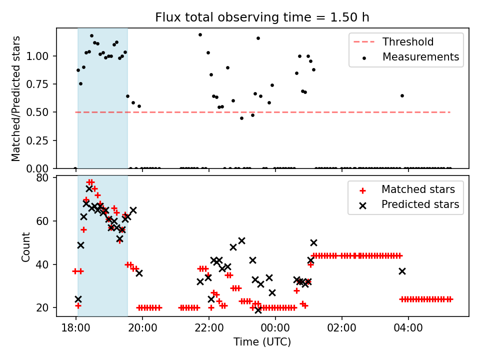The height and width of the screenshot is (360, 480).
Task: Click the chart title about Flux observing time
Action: coord(262,17)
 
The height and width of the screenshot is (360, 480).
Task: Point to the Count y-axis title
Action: coord(25,246)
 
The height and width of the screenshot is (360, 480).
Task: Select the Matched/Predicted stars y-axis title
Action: coord(16,98)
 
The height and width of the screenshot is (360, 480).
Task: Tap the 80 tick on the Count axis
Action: coord(43,178)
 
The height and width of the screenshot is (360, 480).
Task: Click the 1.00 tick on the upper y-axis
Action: coord(37,56)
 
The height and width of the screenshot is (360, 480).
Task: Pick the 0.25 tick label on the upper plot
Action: coord(37,140)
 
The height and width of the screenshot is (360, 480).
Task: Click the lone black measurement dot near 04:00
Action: coord(402,95)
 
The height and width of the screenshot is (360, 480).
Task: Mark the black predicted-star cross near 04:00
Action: coord(402,271)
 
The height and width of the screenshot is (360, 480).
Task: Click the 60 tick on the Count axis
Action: coord(43,221)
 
